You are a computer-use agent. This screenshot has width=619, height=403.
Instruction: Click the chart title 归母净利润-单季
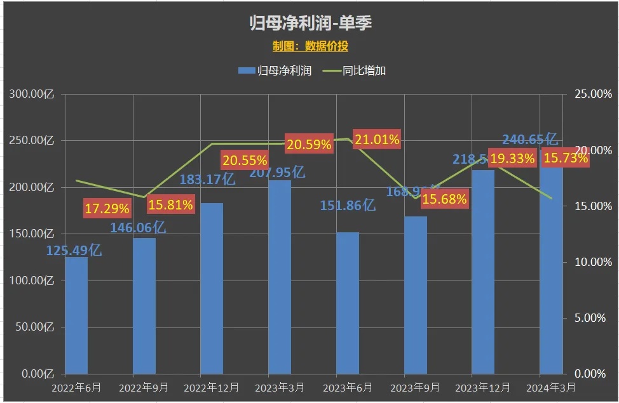(x=310, y=23)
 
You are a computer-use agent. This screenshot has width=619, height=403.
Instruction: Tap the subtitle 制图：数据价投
(x=310, y=46)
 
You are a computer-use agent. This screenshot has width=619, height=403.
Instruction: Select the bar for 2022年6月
(x=76, y=315)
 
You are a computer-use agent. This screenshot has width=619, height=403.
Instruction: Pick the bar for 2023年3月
(x=280, y=277)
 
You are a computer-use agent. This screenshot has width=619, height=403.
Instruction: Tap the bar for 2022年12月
(x=212, y=289)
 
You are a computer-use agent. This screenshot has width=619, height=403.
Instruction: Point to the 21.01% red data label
(x=377, y=140)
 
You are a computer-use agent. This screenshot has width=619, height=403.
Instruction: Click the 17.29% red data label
(x=107, y=208)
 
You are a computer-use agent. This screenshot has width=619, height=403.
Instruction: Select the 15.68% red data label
(x=445, y=199)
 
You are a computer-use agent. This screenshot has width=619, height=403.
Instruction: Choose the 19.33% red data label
(x=512, y=159)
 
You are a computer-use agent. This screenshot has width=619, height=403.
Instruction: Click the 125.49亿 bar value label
(x=74, y=251)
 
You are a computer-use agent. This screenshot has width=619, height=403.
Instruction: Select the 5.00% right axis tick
(x=590, y=318)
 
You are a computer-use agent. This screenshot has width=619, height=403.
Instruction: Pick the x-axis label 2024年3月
(x=550, y=387)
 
